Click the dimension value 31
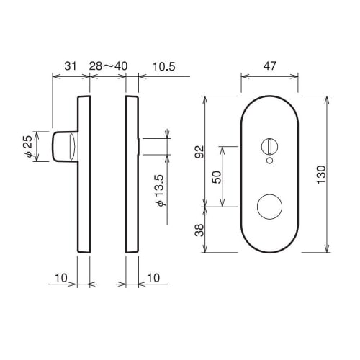[x=71, y=66]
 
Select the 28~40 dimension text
[x=108, y=66]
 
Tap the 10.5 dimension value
[x=162, y=66]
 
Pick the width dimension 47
[x=269, y=66]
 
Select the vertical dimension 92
[x=201, y=152]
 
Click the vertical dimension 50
[x=216, y=176]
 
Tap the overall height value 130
[x=321, y=174]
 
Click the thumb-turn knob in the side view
[x=63, y=146]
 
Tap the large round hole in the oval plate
[x=270, y=207]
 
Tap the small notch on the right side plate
[x=138, y=146]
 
